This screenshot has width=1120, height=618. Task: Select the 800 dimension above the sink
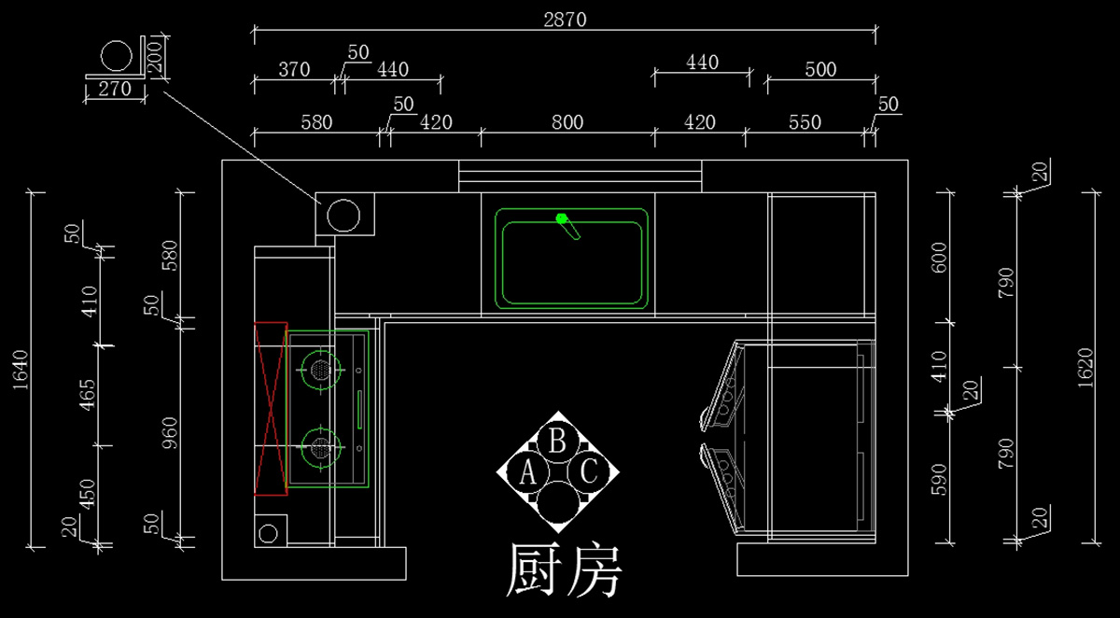point(567,122)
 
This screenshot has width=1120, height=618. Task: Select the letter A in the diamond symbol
point(527,473)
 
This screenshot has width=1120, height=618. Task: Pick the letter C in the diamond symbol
point(589,472)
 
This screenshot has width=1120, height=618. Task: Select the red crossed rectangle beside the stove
point(270,408)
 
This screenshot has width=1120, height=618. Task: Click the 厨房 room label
point(563,570)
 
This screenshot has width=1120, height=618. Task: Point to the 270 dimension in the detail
point(114,90)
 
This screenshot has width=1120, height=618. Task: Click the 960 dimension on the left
point(170,431)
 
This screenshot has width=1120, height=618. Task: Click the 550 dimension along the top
point(805,122)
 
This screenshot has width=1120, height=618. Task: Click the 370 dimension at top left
point(293,70)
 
